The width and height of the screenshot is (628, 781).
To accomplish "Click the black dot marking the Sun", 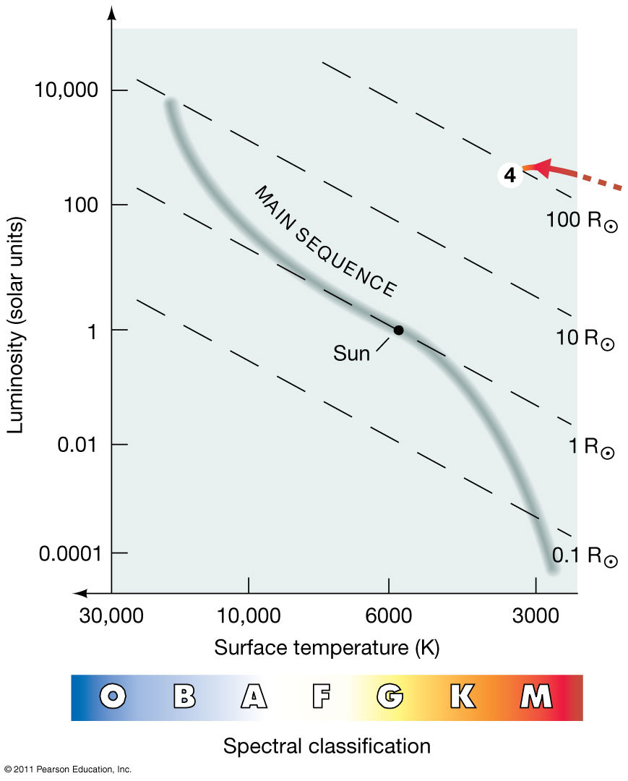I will coord(398,330).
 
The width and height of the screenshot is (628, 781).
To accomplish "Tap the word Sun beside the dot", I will coord(351,353).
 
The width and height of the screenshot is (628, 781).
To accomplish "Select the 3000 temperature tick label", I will coord(535,617).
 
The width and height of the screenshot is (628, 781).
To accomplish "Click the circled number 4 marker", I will coord(510,176).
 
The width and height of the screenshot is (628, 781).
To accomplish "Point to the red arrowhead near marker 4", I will coord(539,168).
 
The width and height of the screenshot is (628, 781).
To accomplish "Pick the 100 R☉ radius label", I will coord(582,221).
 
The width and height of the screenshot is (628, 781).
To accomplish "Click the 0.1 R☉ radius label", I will coord(585,556).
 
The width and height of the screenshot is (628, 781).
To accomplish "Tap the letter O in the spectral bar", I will coord(113,696).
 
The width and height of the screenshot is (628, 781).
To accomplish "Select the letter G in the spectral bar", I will coord(390,696).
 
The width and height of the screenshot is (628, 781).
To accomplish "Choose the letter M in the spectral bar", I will coord(536,696).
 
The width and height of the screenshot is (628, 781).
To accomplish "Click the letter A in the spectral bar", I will coord(253,696).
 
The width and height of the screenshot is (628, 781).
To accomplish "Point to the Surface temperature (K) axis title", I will coord(327,647).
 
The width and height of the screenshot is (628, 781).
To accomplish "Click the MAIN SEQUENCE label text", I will coord(324,242).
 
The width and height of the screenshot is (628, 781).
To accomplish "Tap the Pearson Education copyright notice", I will coord(66,769).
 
